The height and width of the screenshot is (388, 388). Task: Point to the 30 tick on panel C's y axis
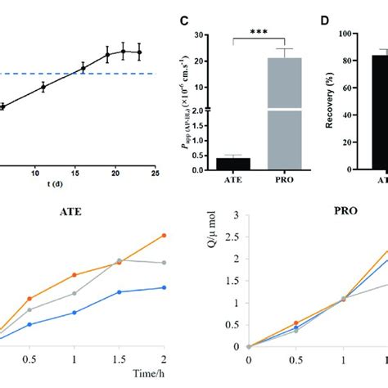tap(200, 35)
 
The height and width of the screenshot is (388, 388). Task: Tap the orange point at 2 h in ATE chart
tap(165, 235)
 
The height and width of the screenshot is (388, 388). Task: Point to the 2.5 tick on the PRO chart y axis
tap(236, 237)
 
